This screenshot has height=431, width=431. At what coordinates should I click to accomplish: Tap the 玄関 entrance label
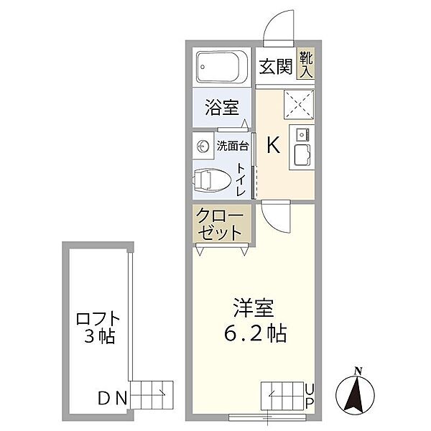coord(276,68)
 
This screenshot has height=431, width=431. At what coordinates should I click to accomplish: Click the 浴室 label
coord(221,108)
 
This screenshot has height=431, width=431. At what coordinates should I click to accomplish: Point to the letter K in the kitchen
coord(274,145)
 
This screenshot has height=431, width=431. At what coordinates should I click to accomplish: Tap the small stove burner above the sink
coord(300,133)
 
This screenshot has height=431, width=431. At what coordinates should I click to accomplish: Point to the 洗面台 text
coord(233,146)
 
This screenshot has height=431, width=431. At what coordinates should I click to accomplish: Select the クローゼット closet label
coord(221,225)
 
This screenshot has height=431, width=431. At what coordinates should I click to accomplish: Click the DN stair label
coord(113,397)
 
